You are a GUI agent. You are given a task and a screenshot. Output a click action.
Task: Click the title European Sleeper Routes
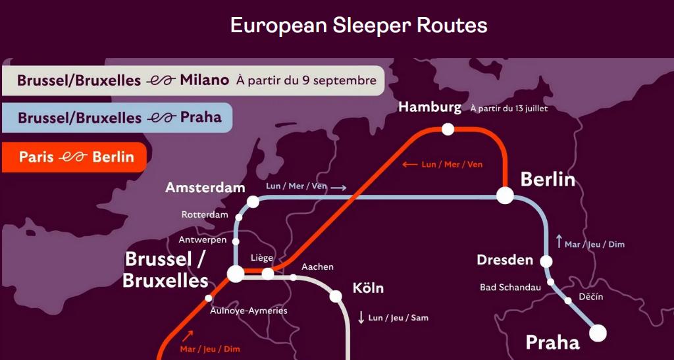coord(359,25)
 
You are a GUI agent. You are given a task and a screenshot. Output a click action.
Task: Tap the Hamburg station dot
coord(448,129)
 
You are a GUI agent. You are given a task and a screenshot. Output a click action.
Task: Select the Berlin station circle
coord(505,195)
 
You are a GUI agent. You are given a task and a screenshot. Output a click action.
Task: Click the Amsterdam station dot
coord(253,202)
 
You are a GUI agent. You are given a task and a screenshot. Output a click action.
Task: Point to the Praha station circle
coord(598,333)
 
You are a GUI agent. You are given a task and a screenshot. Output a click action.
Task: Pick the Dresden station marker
coord(546,261)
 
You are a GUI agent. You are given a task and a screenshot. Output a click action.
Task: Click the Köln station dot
coord(336,296)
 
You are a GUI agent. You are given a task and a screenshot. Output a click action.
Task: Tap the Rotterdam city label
coord(205,215)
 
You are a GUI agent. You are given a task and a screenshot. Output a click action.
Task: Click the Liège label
coord(262,257)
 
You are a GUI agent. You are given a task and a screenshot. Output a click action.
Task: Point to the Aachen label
coord(317,267)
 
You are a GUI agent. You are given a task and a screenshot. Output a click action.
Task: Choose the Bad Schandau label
coord(510,287)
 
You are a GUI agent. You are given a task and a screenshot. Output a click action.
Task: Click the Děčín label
coord(590,297)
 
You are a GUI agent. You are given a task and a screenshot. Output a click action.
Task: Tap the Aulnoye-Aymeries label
coord(248,311)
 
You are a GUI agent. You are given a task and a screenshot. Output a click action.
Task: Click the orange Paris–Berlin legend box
coord(74,157)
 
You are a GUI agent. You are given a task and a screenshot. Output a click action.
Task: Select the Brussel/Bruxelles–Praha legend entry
coord(117,118)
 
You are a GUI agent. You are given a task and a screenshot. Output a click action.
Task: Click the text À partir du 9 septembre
coord(306,81)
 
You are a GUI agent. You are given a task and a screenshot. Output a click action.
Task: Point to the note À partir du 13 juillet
coord(509,109)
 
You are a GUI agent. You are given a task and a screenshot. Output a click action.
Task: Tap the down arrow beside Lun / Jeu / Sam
coord(361,317)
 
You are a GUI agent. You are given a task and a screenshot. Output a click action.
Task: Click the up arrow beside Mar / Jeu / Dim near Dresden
coord(559,242)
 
